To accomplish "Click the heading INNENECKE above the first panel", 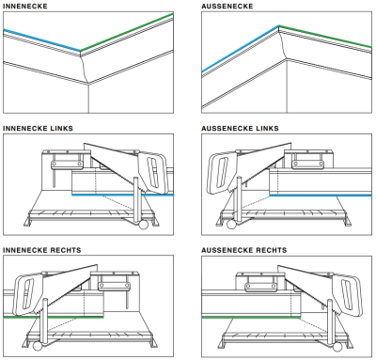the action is (x=25, y=6).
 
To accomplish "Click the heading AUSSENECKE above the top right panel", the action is (x=227, y=6).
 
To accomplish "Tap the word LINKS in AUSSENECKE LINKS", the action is (x=267, y=128).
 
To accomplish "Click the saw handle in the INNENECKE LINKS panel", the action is (x=154, y=171).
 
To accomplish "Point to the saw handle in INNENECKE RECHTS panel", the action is (x=29, y=293).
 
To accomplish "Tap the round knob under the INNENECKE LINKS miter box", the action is (x=143, y=225).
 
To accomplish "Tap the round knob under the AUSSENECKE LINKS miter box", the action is (x=232, y=224).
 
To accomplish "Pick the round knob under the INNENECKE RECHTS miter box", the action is (x=38, y=346).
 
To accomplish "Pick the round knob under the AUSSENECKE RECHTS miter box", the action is (x=337, y=347).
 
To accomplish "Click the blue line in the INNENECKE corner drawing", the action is (x=42, y=39).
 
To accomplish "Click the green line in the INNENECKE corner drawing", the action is (x=127, y=32).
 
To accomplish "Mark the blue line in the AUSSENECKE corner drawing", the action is (x=241, y=49).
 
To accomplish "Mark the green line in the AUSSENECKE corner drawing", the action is (x=325, y=37).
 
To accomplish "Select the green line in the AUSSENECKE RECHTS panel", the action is (x=251, y=318).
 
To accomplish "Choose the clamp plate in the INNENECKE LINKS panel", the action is (x=67, y=164).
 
